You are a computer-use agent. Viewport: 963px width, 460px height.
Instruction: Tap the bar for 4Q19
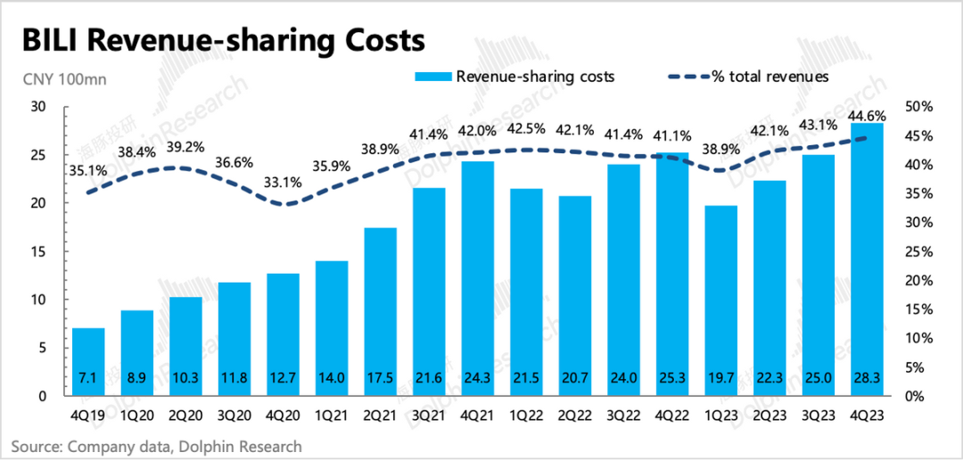tap(88, 362)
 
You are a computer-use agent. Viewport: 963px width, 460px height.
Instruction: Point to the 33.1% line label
tap(284, 183)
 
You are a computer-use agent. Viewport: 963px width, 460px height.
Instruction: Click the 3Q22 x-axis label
tap(623, 415)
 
